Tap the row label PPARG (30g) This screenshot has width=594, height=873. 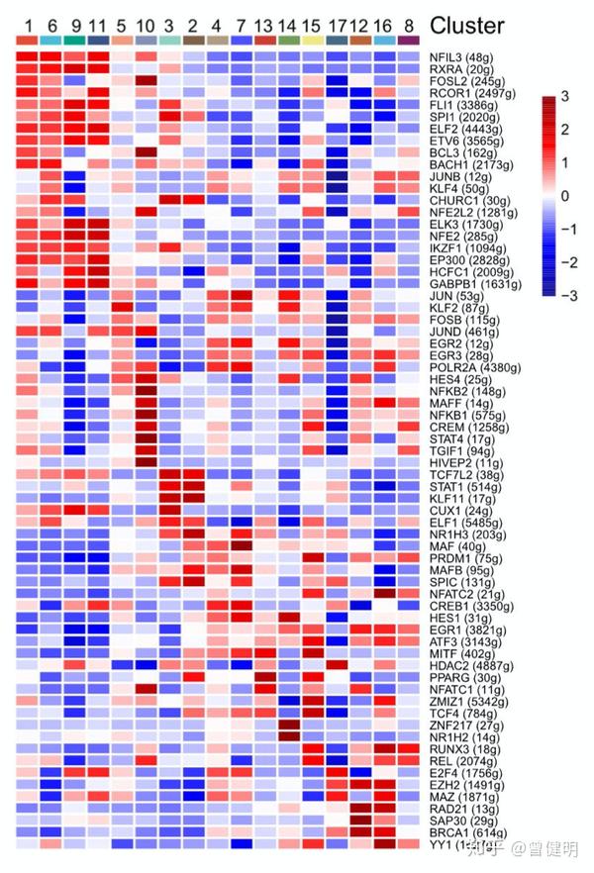pos(460,678)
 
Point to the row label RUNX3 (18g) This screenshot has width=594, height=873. pos(460,749)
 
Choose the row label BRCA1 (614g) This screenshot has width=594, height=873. pos(463,832)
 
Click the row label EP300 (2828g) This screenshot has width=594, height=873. pos(463,260)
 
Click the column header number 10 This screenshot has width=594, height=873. pos(145,24)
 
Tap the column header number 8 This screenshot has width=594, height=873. pos(407,24)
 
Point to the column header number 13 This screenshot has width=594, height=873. pos(263,24)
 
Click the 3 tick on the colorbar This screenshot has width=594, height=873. pos(563,96)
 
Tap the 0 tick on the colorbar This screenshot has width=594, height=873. pos(563,195)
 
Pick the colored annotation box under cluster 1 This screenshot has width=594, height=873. pos(28,40)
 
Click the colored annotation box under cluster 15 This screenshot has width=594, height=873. pos(312,40)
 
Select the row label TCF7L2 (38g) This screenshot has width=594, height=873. pos(463,475)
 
